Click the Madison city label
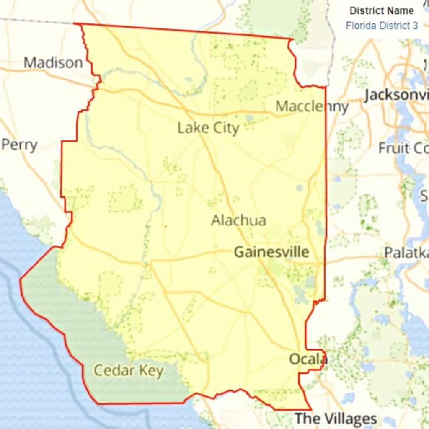tap(53, 63)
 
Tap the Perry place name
tap(20, 145)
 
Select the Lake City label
tap(208, 128)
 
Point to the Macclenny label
tap(312, 106)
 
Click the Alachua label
tap(238, 220)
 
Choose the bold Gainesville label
tap(271, 252)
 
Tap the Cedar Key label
tap(128, 371)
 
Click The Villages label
tap(336, 419)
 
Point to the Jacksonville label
tap(396, 95)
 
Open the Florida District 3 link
tap(382, 26)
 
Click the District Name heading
tap(382, 10)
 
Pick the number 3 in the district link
tap(415, 26)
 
